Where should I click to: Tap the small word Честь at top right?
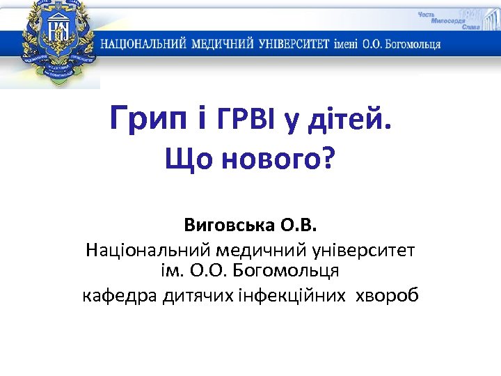pos(429,15)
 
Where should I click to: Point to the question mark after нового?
pos(327,160)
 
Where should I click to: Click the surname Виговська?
pos(229,226)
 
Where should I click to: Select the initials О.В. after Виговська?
pos(299,226)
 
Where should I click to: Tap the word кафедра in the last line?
pos(120,296)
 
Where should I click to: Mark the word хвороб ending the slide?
pos(387,296)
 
